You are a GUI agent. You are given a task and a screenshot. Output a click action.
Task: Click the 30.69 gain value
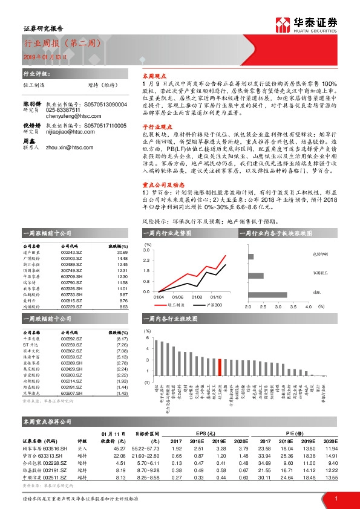(123, 253)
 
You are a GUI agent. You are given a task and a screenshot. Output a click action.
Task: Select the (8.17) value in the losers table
(123, 340)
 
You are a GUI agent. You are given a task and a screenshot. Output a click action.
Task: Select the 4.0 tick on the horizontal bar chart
(307, 307)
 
